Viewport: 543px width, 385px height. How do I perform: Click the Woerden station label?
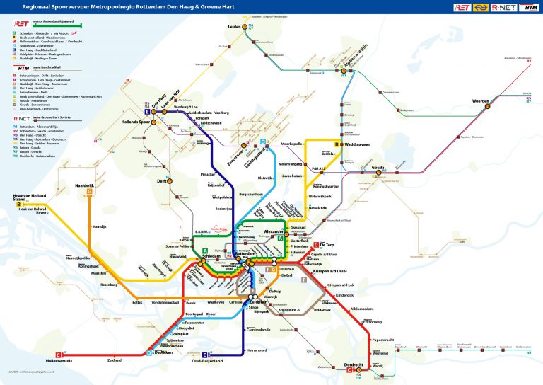(481, 101)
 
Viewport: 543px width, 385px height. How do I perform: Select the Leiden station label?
(235, 26)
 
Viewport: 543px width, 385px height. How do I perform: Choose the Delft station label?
(162, 180)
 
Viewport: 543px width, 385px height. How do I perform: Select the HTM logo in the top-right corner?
(527, 7)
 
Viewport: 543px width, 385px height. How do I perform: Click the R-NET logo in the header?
(505, 7)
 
